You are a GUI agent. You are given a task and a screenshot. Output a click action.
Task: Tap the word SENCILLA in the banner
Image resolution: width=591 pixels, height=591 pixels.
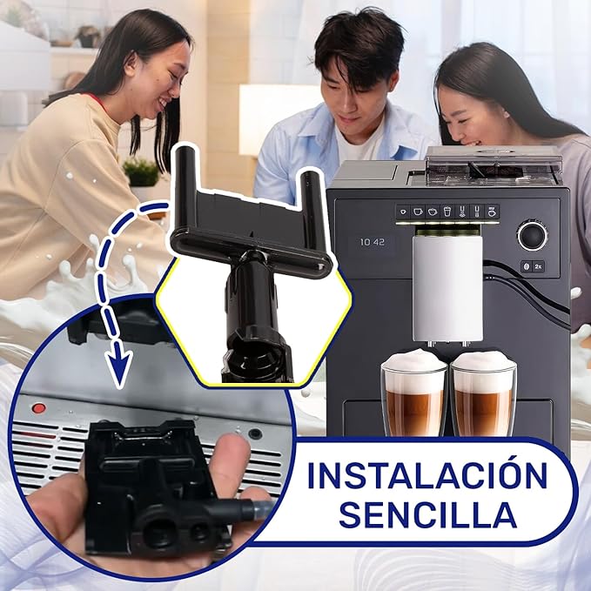point(427,514)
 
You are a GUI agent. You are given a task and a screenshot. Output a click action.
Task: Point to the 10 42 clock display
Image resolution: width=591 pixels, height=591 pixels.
point(373,242)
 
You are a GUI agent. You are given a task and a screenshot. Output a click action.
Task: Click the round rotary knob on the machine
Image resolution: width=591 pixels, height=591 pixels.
point(532,236)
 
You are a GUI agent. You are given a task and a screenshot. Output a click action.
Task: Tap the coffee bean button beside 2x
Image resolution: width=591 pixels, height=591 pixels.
point(527,266)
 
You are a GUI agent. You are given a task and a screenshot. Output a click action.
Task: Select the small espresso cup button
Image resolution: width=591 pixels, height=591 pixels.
point(403,212)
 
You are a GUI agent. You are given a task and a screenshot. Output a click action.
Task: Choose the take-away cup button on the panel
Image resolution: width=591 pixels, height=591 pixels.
point(447,212)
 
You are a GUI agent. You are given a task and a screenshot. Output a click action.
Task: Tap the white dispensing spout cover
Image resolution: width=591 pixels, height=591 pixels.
point(447,288)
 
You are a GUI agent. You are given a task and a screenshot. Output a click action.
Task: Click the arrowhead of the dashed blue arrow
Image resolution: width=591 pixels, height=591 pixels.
point(118,365)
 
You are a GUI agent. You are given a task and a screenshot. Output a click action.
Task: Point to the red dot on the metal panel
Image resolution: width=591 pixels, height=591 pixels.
point(38,408)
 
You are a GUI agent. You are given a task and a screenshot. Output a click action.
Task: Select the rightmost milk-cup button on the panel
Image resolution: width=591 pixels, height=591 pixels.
point(492,212)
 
